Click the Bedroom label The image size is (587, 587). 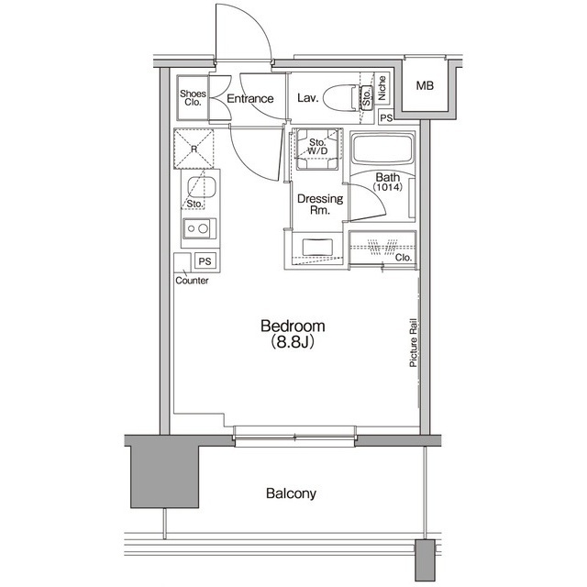[293, 327]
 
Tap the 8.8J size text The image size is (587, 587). [293, 345]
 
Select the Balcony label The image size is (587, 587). [291, 493]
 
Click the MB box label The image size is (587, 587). [425, 86]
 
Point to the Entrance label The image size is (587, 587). [249, 99]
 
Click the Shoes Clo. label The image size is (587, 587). [192, 97]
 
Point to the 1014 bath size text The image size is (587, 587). [386, 188]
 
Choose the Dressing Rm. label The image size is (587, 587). [318, 205]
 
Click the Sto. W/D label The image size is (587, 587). [318, 148]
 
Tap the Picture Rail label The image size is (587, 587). [414, 343]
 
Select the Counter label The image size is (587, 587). [192, 281]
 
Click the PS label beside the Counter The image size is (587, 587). [204, 260]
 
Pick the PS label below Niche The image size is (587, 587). [386, 117]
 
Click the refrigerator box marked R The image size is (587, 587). [195, 147]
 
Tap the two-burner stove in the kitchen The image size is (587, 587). [195, 228]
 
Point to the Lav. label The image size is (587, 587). [307, 99]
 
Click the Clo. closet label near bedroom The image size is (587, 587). [402, 258]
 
